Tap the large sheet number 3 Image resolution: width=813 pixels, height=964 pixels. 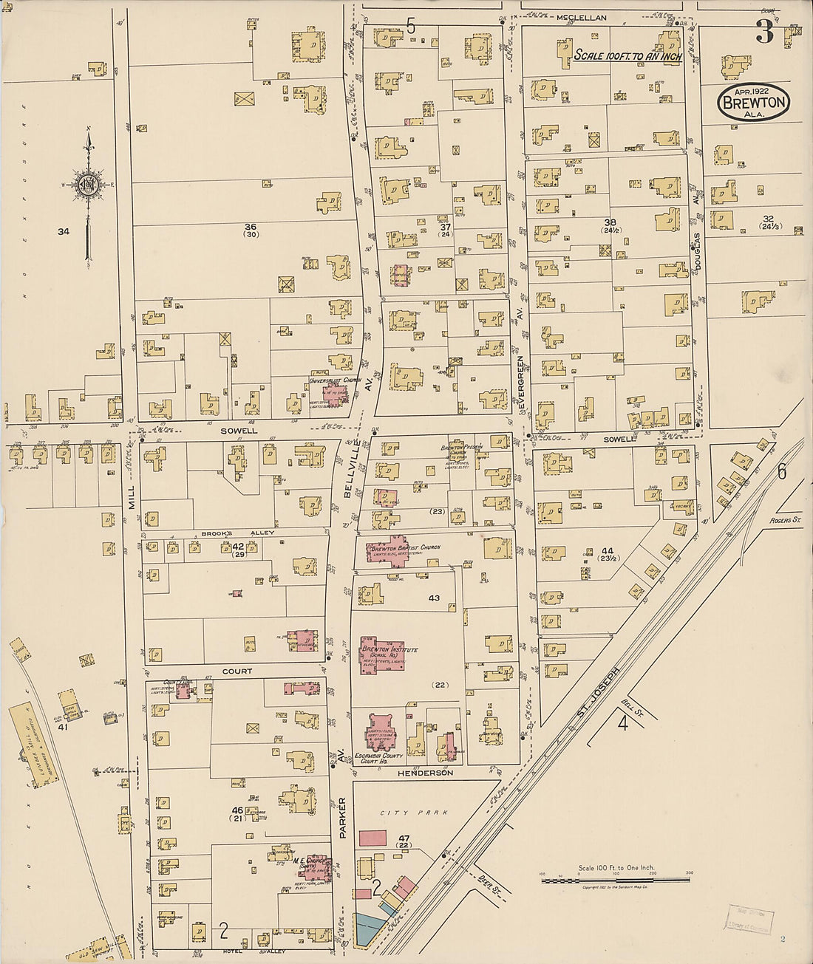[763, 31]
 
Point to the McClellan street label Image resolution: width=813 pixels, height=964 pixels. [582, 17]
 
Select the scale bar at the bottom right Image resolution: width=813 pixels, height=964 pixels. [615, 879]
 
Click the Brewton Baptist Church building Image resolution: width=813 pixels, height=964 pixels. [397, 550]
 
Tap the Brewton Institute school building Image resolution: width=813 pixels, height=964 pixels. [384, 653]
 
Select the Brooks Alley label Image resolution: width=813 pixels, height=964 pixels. [230, 533]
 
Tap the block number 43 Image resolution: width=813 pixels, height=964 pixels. [434, 598]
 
